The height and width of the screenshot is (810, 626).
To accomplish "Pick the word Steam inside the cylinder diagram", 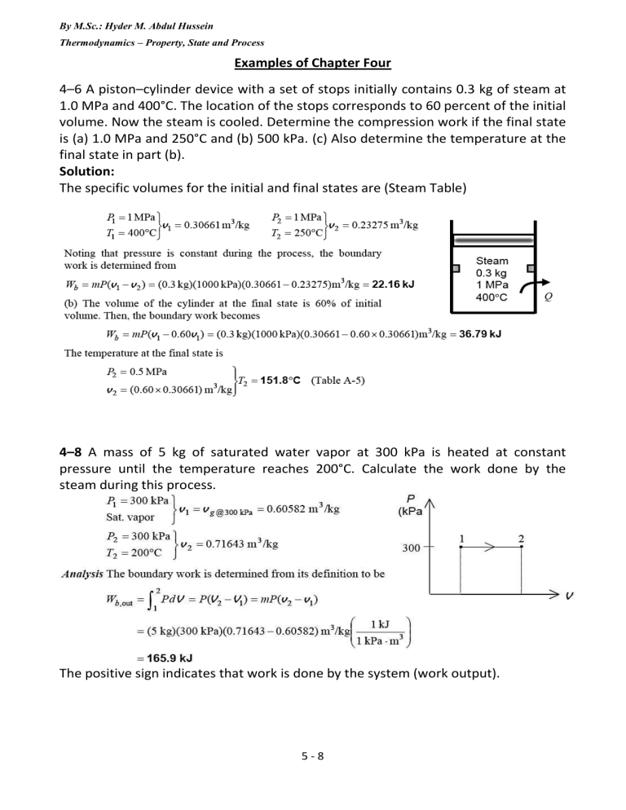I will (492, 262).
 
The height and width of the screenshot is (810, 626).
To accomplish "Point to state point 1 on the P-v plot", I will (462, 538).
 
